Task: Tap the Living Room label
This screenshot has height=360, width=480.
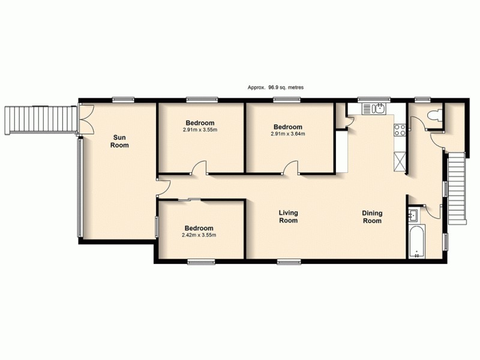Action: coord(289,217)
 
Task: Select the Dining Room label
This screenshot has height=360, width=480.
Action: coord(372,217)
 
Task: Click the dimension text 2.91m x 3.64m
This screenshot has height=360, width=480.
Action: coord(289,134)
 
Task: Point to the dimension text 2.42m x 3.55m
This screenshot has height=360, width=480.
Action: coord(199,235)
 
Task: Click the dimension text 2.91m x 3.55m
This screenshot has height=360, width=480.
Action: coord(200,130)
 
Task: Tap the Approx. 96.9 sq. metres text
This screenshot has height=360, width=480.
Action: coord(275,87)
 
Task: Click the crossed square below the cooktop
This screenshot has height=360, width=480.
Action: coord(400,161)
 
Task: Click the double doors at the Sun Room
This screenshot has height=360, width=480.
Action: coord(85,119)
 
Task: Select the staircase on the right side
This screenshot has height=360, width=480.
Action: coord(457,187)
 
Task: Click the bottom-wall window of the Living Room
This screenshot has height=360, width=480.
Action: coord(289,261)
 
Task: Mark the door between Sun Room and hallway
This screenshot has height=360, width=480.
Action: coord(163,188)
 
